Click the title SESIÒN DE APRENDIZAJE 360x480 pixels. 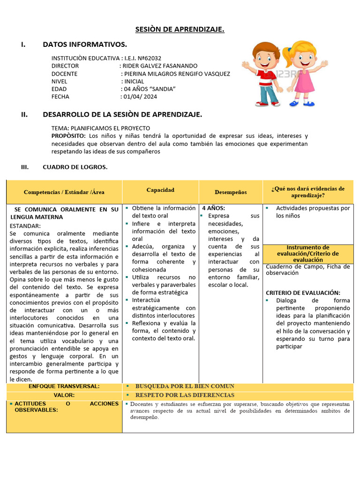pos(180,30)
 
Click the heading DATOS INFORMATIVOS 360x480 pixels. pos(85,45)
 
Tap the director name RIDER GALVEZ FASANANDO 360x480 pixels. pos(160,66)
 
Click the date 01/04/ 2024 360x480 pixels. pos(140,97)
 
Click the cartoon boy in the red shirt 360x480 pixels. pos(265,73)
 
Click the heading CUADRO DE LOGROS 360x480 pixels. pos(75,167)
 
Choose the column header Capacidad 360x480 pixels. pos(160,190)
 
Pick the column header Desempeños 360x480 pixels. pos(231,192)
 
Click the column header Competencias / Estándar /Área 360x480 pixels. pos(64,192)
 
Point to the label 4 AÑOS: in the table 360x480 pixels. pos(214,208)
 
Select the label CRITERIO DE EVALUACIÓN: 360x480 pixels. pos(303,292)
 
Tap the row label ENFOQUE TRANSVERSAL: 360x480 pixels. pos(64,386)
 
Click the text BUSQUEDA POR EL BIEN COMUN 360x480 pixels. pos(185,386)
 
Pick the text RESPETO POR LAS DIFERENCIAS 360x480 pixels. pos(185,395)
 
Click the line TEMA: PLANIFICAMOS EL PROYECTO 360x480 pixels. pos(101,128)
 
